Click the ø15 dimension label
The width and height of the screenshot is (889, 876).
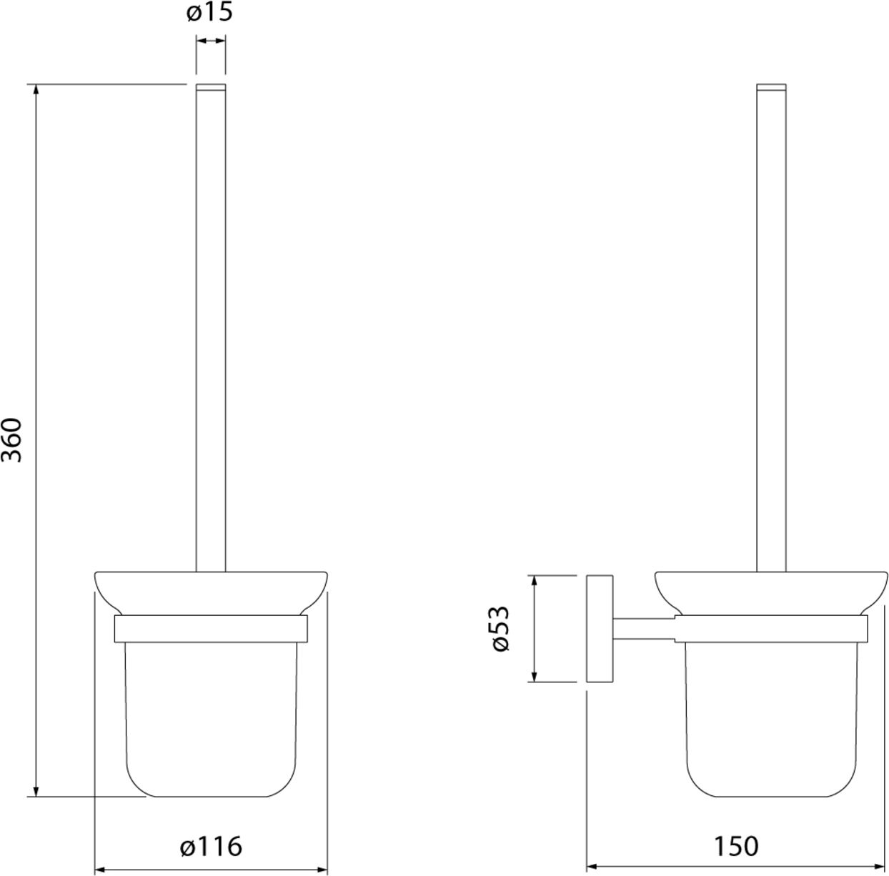(x=209, y=12)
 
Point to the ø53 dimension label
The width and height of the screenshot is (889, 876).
(x=500, y=629)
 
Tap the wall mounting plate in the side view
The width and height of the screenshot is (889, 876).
(x=600, y=628)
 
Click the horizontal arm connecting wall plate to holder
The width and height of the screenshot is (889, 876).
(x=644, y=628)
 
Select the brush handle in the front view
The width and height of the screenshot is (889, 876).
(x=211, y=327)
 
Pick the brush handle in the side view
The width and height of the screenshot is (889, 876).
(x=771, y=327)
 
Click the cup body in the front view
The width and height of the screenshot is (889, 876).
(x=212, y=720)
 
